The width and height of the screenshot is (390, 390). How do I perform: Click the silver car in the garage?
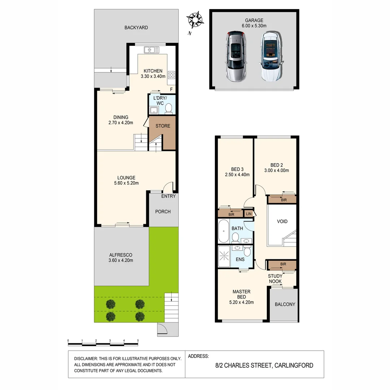click(x=236, y=56)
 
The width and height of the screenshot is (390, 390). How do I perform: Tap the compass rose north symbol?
click(x=195, y=19)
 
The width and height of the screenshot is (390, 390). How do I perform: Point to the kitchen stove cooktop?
click(x=172, y=75)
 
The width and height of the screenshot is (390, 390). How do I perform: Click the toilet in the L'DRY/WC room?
click(x=169, y=108)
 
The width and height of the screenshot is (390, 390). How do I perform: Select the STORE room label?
click(x=163, y=126)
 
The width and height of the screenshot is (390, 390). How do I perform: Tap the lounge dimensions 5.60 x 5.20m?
click(x=126, y=183)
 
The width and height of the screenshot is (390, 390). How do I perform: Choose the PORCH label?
click(x=163, y=212)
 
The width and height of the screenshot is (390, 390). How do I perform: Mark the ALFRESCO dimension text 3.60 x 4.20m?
click(x=121, y=260)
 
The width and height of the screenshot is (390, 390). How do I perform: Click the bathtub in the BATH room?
click(x=224, y=231)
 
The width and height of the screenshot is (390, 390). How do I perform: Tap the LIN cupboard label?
click(x=248, y=214)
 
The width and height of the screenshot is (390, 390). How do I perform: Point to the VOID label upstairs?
click(x=282, y=221)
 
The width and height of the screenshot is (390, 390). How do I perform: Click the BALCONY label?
click(x=285, y=304)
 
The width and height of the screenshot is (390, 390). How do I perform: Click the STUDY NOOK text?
click(x=275, y=279)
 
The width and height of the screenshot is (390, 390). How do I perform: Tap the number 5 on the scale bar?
click(x=138, y=341)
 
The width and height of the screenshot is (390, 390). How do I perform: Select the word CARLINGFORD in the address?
click(x=294, y=365)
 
